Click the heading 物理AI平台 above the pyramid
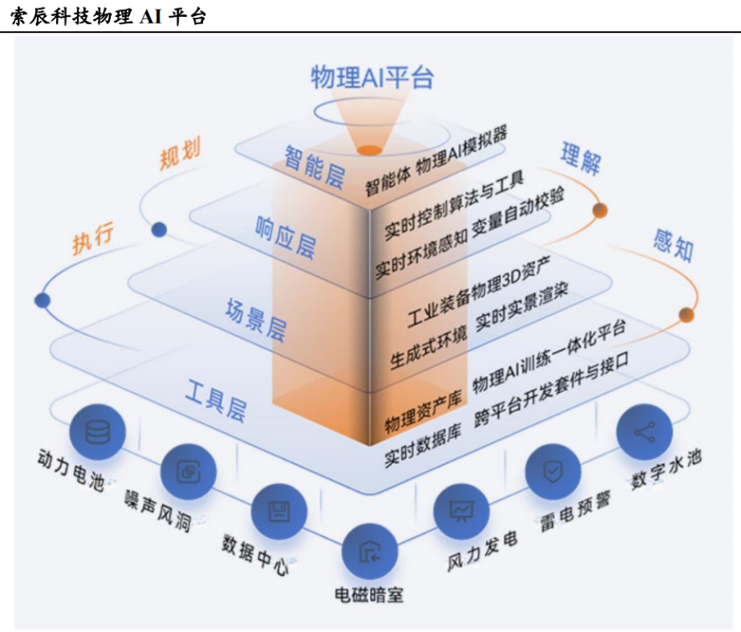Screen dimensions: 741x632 point(372,77)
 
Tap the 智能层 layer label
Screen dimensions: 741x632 point(314,167)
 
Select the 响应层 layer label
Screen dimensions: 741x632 point(285,238)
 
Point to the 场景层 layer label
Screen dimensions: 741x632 point(256,320)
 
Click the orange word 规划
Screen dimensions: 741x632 point(180,153)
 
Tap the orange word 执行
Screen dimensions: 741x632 point(93,238)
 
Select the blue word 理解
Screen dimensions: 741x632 point(581,159)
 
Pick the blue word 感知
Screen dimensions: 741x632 point(673,245)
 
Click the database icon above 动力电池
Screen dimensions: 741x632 point(98,432)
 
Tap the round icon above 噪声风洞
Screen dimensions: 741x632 point(189,472)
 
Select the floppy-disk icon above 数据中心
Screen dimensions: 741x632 point(279,511)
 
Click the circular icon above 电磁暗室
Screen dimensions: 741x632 point(370,551)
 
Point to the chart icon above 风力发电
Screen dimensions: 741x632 point(462,511)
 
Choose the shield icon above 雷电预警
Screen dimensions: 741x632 point(553,472)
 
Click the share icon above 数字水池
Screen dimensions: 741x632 point(644,432)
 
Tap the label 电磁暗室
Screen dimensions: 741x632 point(369,595)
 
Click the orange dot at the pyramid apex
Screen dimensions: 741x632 point(369,150)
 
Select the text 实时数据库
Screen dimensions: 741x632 point(422,448)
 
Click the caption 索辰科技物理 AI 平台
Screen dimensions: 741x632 point(108,17)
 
